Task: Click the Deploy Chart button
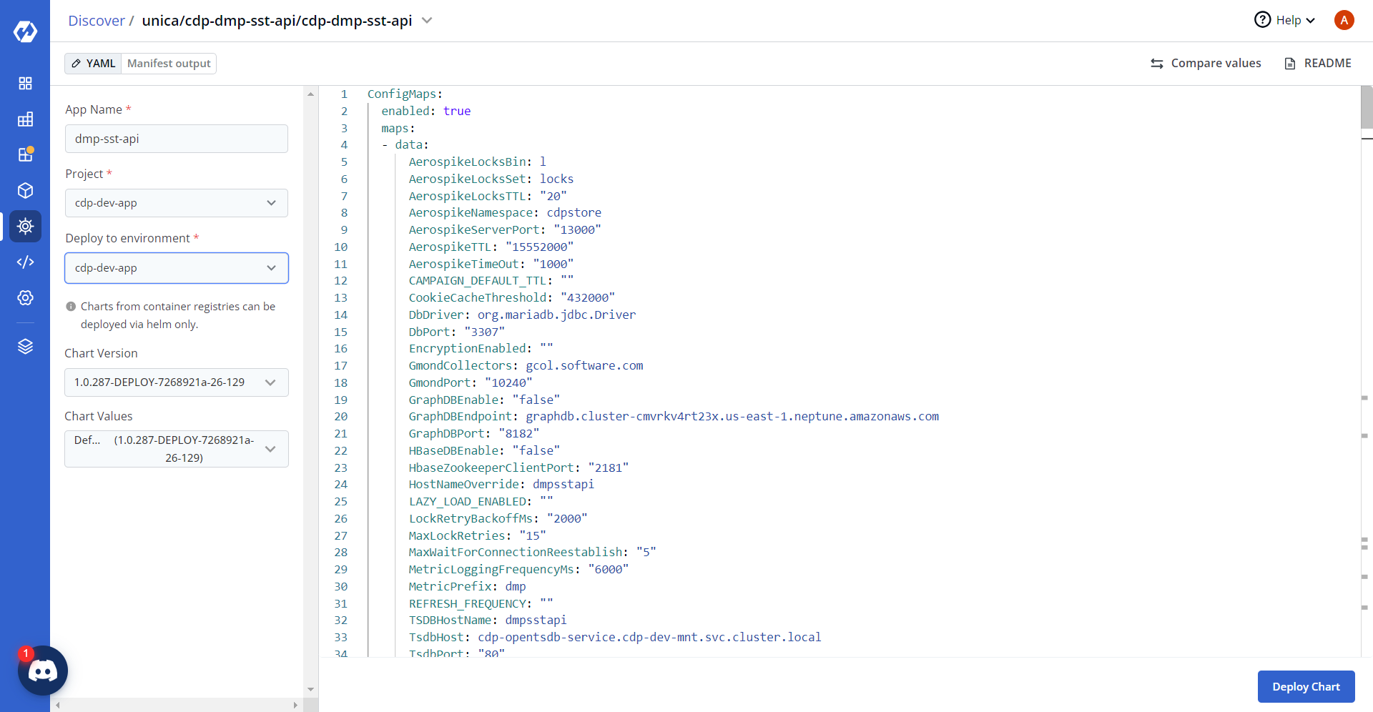tap(1306, 686)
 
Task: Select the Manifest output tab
tap(169, 64)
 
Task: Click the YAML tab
tap(93, 64)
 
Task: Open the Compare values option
tap(1206, 64)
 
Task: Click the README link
tap(1318, 64)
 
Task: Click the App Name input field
tap(177, 139)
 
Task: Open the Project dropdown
tap(177, 203)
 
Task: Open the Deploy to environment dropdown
tap(177, 268)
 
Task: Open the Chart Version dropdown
tap(177, 382)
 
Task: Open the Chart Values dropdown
tap(177, 449)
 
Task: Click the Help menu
tap(1285, 20)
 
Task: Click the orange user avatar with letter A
tap(1344, 20)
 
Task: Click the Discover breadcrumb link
tap(97, 21)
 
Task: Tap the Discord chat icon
tap(43, 671)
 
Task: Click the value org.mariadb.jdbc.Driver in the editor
tap(556, 315)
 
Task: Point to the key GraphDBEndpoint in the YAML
tap(461, 416)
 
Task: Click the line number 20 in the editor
tap(340, 416)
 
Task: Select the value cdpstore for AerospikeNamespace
tap(574, 212)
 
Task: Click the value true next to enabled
tap(457, 111)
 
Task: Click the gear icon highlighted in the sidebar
tap(26, 227)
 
